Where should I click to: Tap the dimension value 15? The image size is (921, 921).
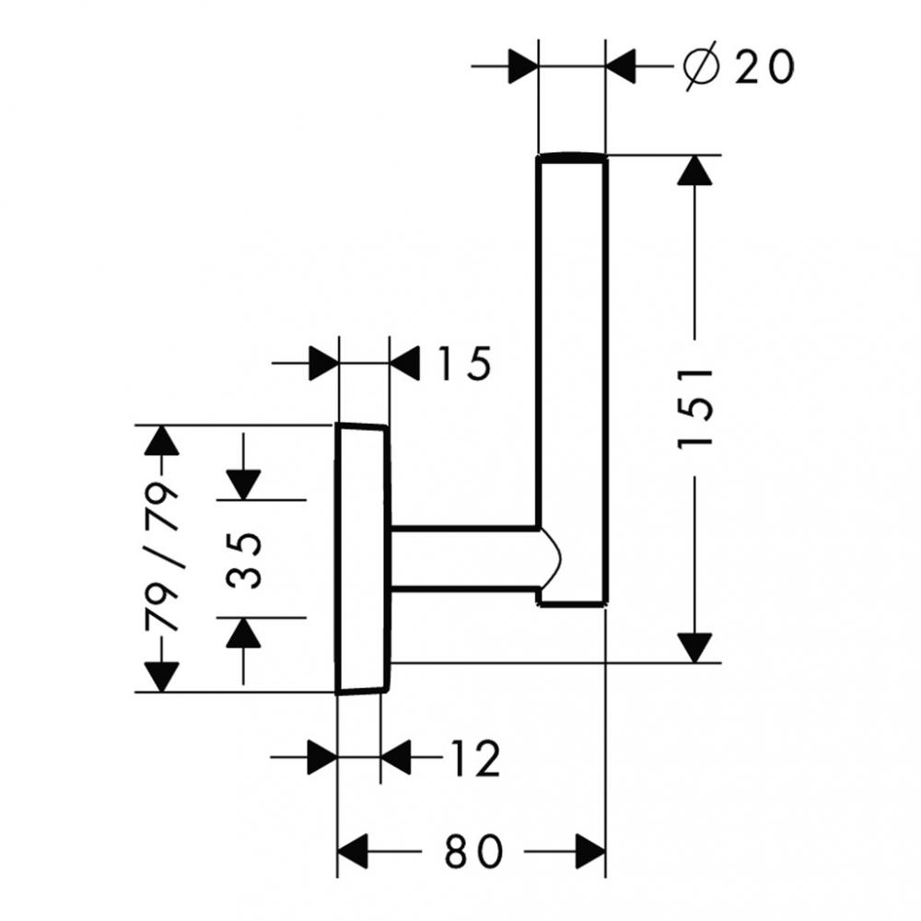[462, 365]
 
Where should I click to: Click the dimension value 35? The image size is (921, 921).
[245, 558]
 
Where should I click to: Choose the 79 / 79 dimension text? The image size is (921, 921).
[163, 558]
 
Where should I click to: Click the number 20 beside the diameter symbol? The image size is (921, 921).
[764, 67]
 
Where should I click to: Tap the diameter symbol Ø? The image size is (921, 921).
[702, 67]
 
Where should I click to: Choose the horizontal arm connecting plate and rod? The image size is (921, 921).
[465, 556]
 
